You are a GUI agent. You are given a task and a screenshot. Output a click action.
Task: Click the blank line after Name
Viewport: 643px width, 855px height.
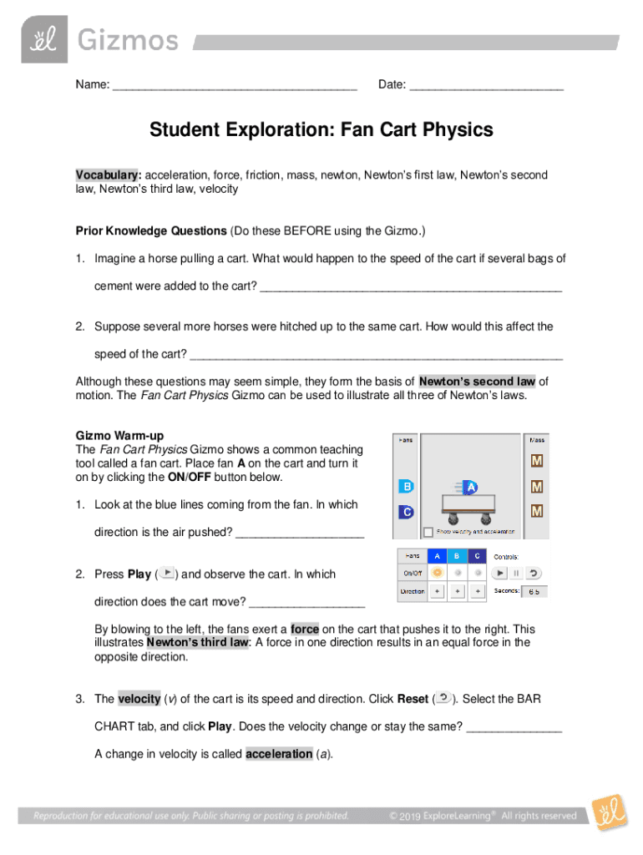[235, 85]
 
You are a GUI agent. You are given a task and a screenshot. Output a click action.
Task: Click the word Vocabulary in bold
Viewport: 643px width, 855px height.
[108, 175]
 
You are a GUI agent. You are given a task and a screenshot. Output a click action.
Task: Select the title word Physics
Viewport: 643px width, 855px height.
[458, 130]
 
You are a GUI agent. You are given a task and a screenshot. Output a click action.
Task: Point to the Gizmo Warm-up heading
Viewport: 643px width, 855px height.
[120, 436]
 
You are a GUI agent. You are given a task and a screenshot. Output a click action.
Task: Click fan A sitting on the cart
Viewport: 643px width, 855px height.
[471, 487]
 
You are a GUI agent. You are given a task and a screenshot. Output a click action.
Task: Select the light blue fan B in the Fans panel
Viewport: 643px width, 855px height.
[407, 487]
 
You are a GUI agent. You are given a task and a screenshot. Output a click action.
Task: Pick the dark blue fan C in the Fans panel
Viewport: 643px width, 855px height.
[407, 512]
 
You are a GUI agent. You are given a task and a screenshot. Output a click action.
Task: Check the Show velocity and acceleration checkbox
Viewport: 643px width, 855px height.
[428, 532]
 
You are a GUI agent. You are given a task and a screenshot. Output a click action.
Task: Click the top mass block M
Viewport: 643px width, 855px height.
[537, 461]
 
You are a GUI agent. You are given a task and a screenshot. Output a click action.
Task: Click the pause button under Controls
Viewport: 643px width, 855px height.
[515, 573]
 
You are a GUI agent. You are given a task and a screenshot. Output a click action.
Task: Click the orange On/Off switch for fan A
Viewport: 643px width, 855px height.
[437, 573]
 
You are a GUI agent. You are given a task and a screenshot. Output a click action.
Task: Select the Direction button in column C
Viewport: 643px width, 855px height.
[477, 591]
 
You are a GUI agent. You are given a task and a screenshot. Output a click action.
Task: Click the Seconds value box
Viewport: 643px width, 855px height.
[534, 591]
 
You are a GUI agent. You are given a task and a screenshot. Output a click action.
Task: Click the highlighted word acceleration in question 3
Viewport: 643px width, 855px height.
[279, 754]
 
